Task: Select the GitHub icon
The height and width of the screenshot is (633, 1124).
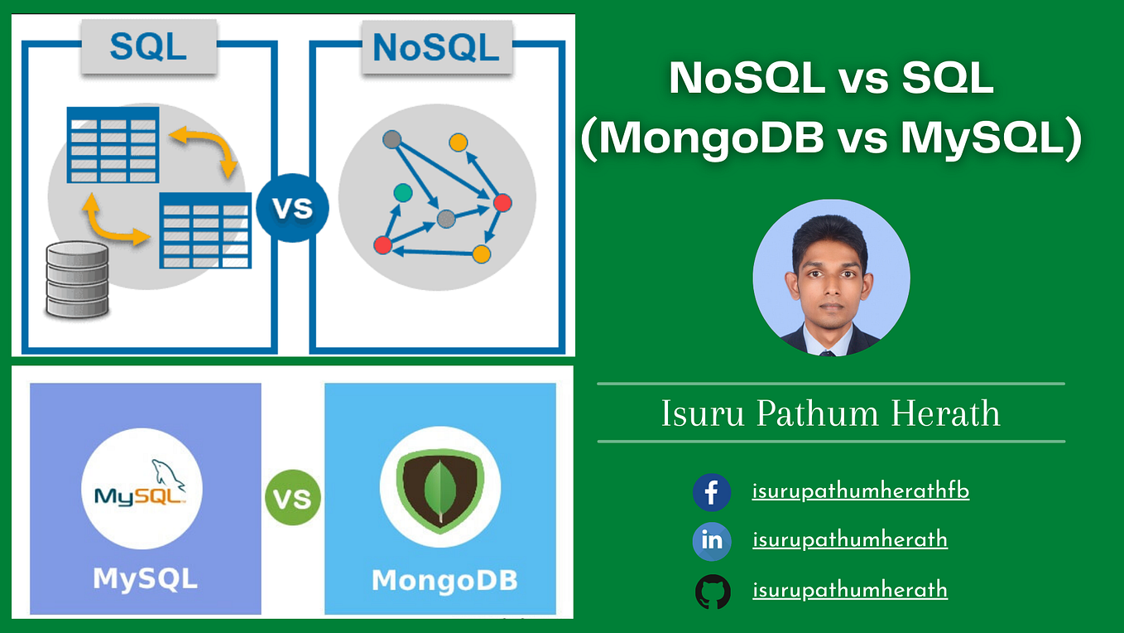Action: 712,592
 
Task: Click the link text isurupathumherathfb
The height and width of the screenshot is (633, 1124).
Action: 860,491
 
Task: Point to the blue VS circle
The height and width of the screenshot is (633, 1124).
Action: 292,207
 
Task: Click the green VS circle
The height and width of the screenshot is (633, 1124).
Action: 293,499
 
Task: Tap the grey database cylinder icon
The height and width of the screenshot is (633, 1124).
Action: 77,279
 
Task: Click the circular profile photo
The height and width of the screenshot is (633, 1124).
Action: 831,278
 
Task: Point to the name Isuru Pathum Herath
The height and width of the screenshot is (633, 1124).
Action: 830,413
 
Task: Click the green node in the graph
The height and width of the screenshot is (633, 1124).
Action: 402,192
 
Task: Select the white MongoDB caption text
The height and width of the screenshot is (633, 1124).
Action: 444,580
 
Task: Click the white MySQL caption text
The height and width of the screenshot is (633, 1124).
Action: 145,577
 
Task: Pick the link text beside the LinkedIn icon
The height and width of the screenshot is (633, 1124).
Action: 849,541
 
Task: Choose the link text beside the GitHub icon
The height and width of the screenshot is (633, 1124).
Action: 849,591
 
